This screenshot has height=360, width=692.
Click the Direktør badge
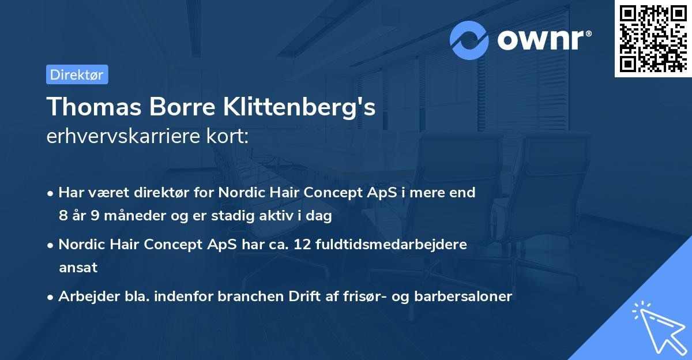point(77,75)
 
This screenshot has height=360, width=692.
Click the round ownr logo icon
point(470,40)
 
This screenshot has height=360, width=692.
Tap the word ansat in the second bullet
point(78,268)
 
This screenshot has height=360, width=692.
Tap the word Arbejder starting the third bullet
point(84,297)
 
